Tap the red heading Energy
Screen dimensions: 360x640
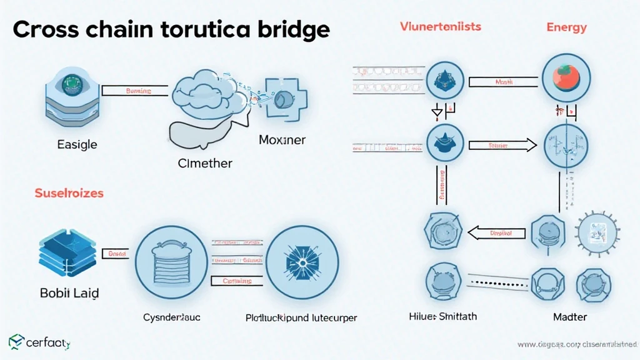coord(566,27)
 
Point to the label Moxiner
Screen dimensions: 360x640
coord(282,140)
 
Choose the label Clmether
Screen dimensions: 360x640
coord(204,163)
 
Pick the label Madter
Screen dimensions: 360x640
coord(570,317)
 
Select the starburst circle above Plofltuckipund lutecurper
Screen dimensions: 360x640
coord(303,259)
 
